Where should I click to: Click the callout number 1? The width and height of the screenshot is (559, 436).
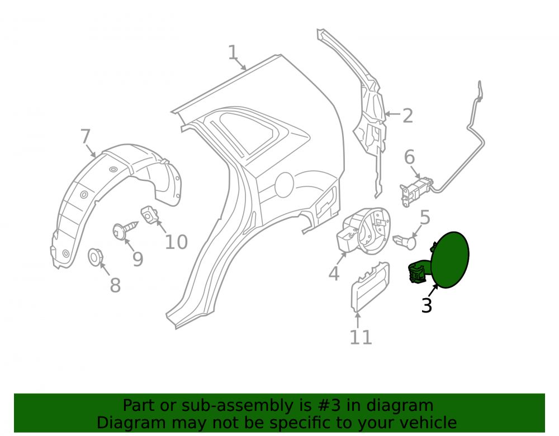(233, 52)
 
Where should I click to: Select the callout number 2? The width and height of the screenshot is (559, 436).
(408, 116)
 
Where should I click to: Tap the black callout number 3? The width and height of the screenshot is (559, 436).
(427, 305)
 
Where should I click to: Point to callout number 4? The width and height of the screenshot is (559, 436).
(334, 274)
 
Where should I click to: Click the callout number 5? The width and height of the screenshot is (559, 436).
(425, 218)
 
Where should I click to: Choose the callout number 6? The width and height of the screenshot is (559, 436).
(409, 157)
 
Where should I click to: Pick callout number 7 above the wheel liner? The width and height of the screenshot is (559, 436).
(86, 136)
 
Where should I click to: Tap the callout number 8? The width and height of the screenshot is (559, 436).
(115, 285)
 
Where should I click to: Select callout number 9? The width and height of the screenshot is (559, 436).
(138, 259)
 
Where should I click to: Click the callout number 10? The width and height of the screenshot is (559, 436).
(176, 242)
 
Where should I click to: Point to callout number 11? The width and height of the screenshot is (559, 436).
(361, 337)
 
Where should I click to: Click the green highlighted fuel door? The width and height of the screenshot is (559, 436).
(450, 260)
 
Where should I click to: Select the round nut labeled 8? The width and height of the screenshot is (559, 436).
(95, 257)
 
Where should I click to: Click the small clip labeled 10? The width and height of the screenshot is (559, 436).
(150, 214)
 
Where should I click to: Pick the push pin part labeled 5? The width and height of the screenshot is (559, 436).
(405, 242)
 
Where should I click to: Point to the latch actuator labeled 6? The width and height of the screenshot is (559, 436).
(416, 190)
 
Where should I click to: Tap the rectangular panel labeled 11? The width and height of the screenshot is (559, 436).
(371, 287)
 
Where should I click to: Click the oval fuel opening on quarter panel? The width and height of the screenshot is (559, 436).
(284, 184)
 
